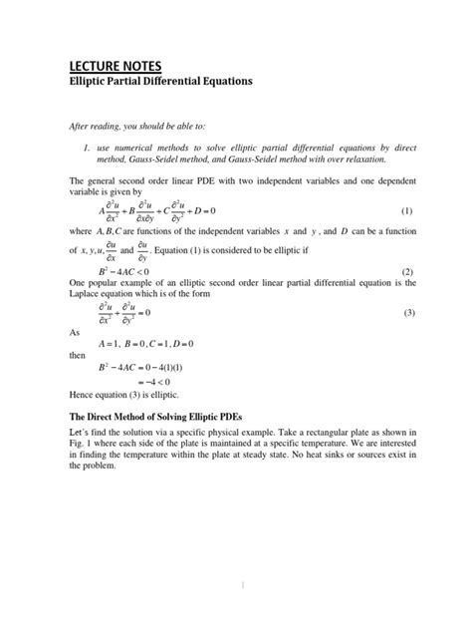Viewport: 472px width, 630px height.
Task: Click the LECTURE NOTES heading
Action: pyautogui.click(x=111, y=65)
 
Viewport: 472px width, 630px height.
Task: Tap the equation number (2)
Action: pyautogui.click(x=406, y=271)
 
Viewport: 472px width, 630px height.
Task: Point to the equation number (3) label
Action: pyautogui.click(x=406, y=313)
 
